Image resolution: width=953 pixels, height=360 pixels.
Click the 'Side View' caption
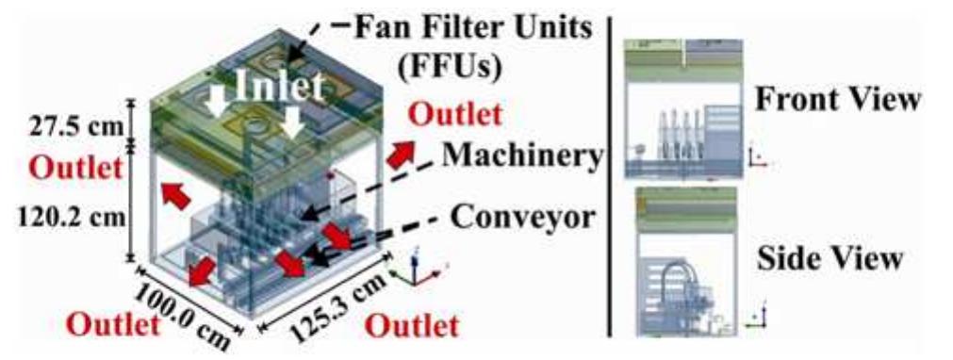[x=835, y=257]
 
